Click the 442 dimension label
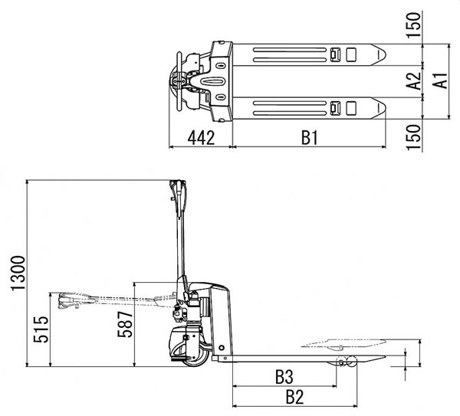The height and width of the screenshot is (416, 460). pos(201,138)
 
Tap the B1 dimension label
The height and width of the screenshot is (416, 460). pos(310,138)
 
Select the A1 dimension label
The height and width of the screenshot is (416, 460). pos(440,80)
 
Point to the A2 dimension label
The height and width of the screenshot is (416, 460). pos(414,81)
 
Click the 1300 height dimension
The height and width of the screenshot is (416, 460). pos(18,273)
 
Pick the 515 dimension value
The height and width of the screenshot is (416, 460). pos(41,329)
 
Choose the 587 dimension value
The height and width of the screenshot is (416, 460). pos(125,324)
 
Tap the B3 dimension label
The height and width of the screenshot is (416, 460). pos(284,377)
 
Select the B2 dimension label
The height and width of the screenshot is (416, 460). pos(294,398)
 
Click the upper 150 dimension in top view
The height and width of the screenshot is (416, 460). pos(414,25)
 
